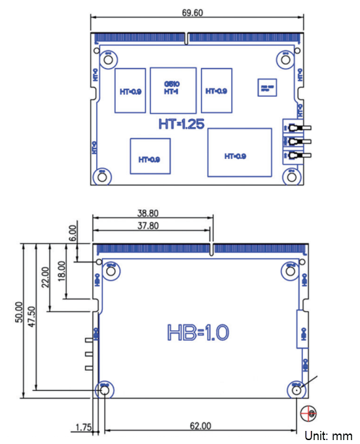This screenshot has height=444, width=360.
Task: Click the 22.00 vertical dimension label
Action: tap(45, 275)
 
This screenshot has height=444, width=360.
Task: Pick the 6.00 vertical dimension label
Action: tap(73, 233)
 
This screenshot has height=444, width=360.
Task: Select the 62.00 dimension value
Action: tap(200, 426)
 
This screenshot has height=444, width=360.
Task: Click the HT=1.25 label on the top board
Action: tap(181, 124)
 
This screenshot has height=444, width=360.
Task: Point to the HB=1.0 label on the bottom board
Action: tap(198, 332)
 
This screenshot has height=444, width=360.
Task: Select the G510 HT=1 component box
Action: tap(173, 88)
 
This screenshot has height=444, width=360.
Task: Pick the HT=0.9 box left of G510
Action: tap(130, 91)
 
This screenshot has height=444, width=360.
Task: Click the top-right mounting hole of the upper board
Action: tap(286, 59)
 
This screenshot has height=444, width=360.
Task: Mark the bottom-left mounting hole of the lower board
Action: tap(103, 390)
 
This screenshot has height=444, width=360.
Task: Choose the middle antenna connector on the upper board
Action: tap(297, 141)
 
